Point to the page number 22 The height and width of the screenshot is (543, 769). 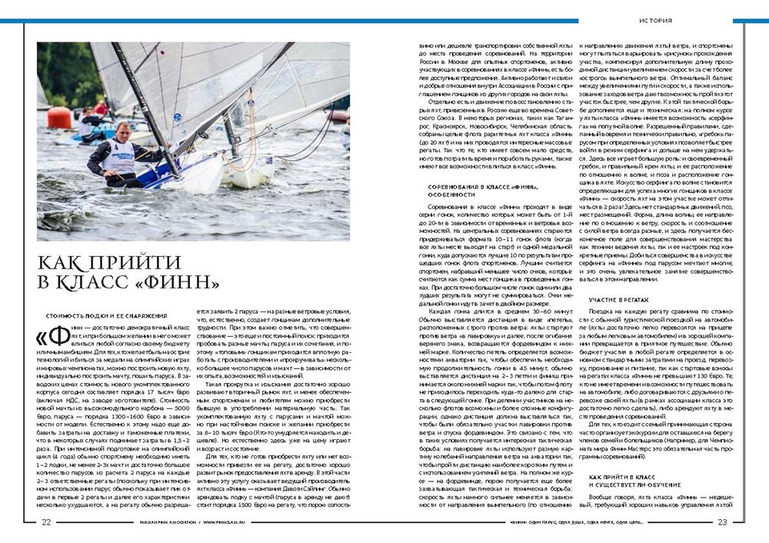[x=46, y=521]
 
